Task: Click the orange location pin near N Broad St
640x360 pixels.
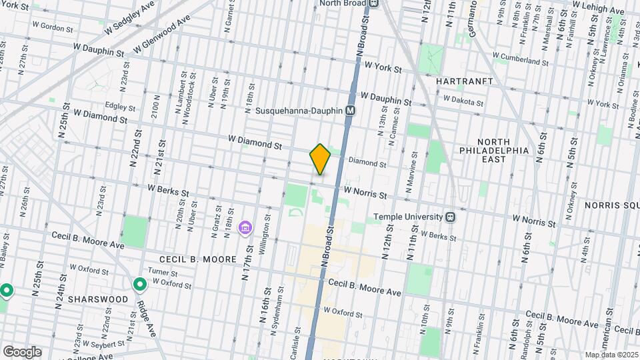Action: click(320, 159)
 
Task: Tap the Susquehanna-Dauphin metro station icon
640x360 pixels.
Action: click(350, 111)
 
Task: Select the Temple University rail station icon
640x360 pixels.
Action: click(451, 217)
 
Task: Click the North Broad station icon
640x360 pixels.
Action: click(374, 3)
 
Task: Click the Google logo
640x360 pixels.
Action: click(21, 352)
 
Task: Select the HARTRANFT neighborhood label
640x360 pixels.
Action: click(465, 81)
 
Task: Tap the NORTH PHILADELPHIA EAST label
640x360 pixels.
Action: click(494, 146)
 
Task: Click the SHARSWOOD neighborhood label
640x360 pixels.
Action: click(101, 299)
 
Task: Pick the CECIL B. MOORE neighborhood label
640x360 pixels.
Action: click(197, 259)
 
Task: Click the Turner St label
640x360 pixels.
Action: click(163, 272)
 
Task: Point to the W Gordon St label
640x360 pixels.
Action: click(52, 28)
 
